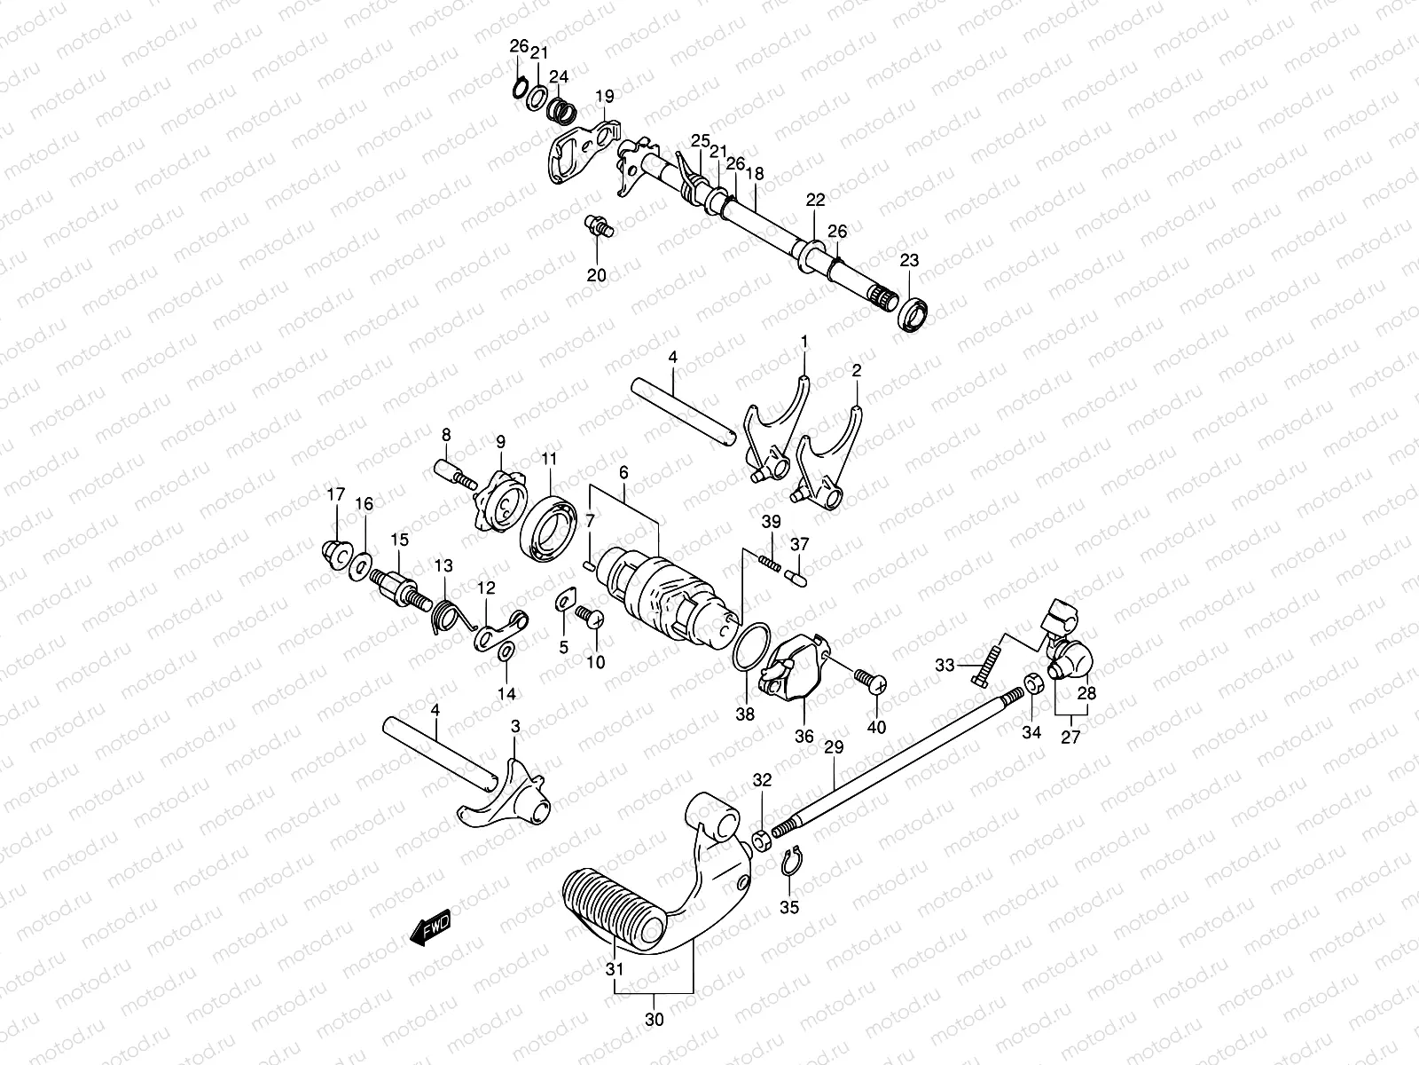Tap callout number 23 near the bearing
point(909,261)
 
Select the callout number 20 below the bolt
point(597,276)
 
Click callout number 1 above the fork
point(804,341)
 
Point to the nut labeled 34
point(1032,684)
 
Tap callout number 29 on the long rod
point(834,749)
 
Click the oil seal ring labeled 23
point(913,315)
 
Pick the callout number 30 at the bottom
point(654,1020)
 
